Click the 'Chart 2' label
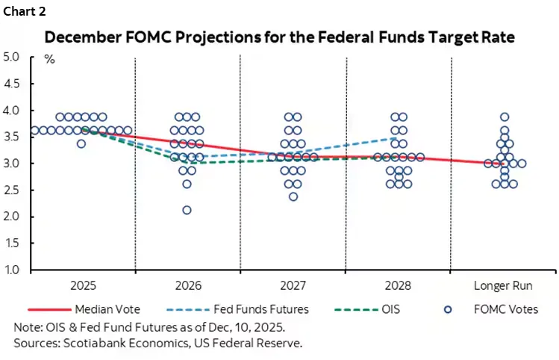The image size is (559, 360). tap(25, 11)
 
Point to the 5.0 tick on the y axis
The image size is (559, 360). tap(11, 57)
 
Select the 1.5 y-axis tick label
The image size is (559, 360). tap(11, 243)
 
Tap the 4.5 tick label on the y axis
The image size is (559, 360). tap(11, 84)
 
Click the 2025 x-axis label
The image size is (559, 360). tap(83, 285)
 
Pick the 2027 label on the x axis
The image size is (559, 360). tap(293, 285)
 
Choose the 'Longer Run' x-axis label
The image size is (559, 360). tap(503, 285)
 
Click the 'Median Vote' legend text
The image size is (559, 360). tap(107, 309)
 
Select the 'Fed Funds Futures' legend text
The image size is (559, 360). tap(261, 309)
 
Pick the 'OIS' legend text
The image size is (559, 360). tap(391, 309)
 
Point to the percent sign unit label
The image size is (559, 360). tap(49, 59)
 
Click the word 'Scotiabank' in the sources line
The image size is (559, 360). tap(94, 343)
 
